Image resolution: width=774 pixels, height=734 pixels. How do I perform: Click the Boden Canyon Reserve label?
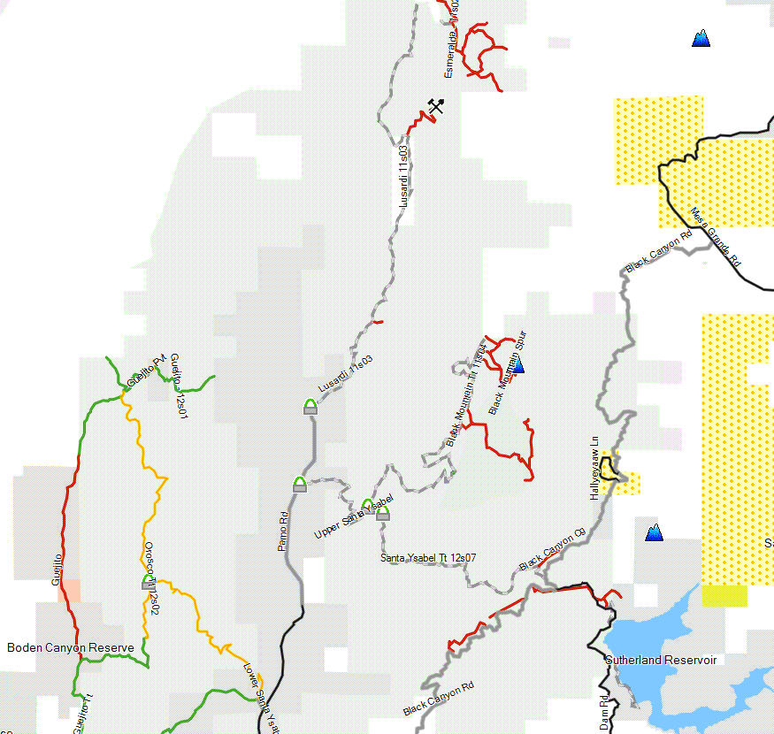tap(71, 647)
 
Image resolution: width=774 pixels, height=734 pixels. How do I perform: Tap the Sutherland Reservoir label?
tap(660, 660)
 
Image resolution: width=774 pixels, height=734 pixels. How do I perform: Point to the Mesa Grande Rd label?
tap(716, 238)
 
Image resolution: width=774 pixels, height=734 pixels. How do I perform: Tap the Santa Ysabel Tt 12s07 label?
tap(428, 557)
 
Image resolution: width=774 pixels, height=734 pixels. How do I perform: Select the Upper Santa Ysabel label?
tap(352, 519)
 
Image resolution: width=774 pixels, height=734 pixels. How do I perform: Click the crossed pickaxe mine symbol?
tap(434, 106)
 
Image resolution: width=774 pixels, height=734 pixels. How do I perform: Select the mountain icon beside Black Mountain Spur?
tap(518, 365)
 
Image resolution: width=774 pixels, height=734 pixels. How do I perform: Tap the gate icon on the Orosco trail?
tap(148, 582)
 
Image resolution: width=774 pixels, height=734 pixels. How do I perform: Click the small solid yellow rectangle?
tap(724, 596)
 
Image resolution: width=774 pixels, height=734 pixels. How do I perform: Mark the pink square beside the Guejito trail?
tap(68, 590)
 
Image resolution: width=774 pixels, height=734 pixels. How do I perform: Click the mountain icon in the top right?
tap(701, 38)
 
